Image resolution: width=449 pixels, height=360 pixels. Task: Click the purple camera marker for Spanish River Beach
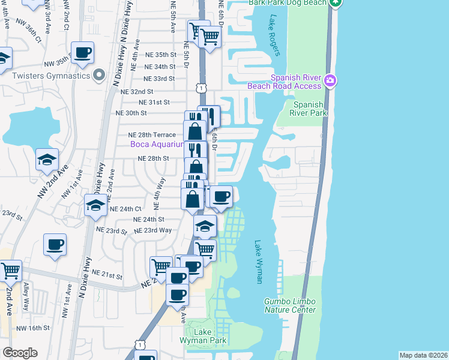[330, 80]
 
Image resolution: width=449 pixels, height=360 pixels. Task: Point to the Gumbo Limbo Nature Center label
[290, 305]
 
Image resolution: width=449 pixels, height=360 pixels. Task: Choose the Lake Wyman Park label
[203, 335]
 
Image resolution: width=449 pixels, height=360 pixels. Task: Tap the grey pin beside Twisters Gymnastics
[100, 75]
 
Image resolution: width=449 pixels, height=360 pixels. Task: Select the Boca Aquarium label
[157, 145]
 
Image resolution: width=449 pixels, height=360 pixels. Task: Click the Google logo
[20, 353]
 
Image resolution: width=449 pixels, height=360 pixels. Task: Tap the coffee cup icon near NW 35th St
[82, 52]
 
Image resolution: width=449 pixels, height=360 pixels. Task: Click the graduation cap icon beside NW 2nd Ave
[47, 160]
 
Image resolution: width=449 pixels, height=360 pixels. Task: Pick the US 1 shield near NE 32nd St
[200, 88]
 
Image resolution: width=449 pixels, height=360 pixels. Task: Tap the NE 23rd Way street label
[152, 230]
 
